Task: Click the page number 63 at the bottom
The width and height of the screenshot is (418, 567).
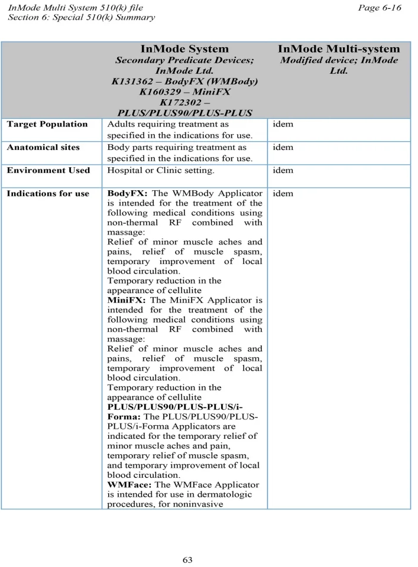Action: click(187, 559)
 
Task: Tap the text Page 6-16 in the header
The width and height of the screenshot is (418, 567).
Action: click(380, 8)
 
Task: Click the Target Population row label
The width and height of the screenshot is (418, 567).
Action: click(47, 124)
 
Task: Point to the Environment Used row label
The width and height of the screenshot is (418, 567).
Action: click(48, 170)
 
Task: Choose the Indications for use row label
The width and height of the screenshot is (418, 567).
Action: click(48, 194)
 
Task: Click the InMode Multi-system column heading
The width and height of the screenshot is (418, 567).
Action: click(339, 49)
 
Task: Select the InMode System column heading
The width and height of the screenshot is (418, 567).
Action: click(184, 49)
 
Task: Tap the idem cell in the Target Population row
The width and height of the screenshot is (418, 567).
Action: click(283, 124)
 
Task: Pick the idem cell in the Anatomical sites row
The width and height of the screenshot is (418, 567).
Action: click(283, 147)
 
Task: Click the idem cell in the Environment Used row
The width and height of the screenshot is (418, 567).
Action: click(283, 170)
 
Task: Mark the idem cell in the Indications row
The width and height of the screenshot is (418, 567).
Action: click(283, 194)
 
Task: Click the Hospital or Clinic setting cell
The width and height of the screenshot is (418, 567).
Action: click(160, 170)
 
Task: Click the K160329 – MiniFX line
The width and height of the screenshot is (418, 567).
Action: click(184, 92)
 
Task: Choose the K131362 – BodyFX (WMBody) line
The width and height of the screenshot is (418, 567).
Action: click(184, 81)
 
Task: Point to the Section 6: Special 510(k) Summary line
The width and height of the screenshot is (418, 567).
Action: click(81, 17)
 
